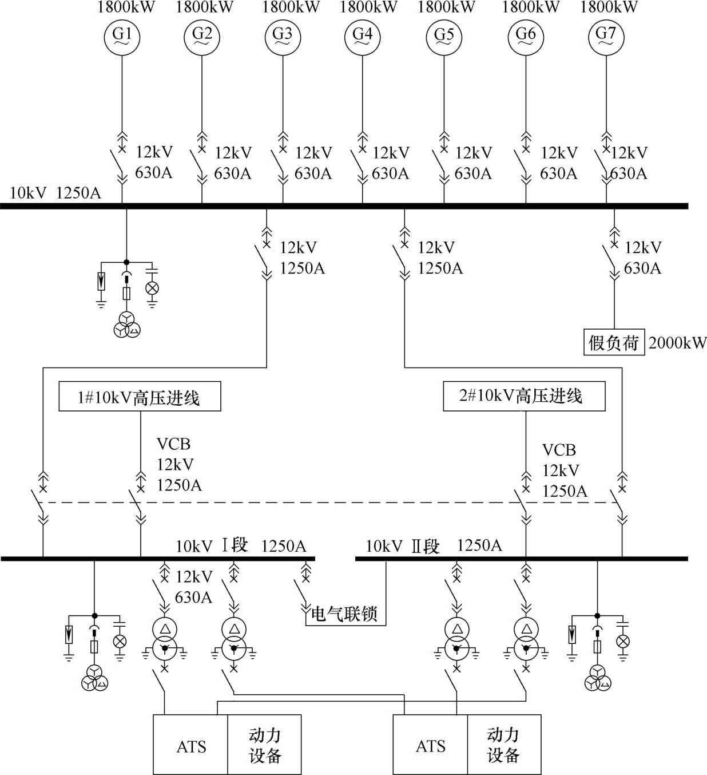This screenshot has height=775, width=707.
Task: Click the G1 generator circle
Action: point(122,37)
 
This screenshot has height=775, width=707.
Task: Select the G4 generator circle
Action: point(362,37)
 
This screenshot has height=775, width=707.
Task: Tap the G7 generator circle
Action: point(606,37)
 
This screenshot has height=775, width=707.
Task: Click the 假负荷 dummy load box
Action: point(614,342)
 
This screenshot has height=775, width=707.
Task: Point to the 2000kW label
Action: point(677,343)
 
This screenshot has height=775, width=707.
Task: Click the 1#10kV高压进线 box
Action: point(140,397)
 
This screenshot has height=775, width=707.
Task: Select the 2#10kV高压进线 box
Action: point(524,397)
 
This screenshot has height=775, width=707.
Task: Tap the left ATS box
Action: point(190,745)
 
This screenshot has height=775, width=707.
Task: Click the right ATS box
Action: point(430,745)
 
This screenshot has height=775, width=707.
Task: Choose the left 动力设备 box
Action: point(264,745)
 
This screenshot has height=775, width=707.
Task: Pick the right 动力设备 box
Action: point(505,745)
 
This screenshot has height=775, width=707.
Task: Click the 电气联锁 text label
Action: point(344,614)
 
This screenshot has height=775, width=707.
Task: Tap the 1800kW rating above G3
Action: point(291,7)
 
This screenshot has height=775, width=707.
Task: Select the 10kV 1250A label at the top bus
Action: point(55,193)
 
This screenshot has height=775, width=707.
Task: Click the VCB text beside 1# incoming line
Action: point(173,444)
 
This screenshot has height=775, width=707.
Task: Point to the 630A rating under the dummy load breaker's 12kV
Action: point(642,268)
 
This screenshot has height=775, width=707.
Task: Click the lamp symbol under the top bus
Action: point(152,288)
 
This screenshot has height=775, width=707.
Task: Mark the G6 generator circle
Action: point(526,37)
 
